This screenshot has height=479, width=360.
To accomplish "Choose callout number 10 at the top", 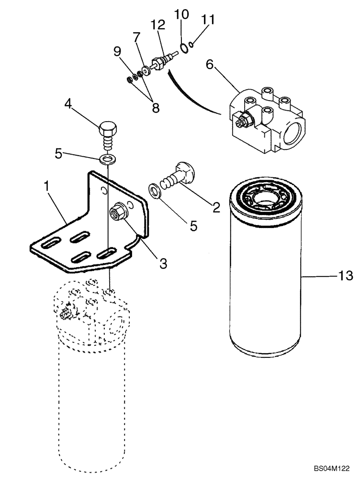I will click(181, 15).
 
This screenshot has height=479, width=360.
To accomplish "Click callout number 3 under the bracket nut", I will click(163, 263).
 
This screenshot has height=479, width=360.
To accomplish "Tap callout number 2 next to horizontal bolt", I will click(216, 207).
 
